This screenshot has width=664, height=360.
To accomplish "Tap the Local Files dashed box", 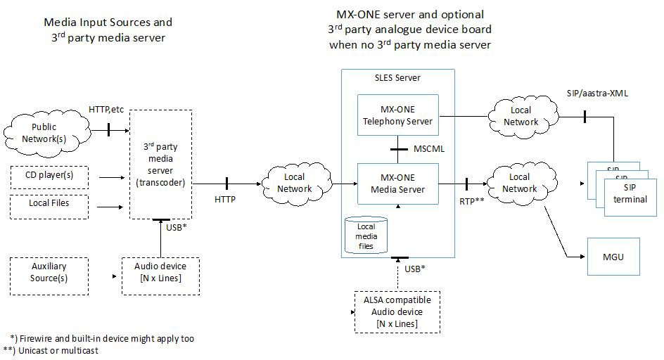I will point(49,206).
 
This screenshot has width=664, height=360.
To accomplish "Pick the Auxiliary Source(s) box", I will point(49,274).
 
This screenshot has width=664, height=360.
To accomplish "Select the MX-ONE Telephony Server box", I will point(397,115).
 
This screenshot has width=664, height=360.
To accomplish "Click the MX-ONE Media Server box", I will point(397,184).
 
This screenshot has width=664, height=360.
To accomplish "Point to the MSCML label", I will point(429,149).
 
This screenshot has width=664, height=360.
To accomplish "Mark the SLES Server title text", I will point(397,77).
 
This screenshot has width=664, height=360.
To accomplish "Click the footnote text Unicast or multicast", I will point(58,350).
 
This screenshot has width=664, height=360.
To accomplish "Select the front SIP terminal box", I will point(630,193).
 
